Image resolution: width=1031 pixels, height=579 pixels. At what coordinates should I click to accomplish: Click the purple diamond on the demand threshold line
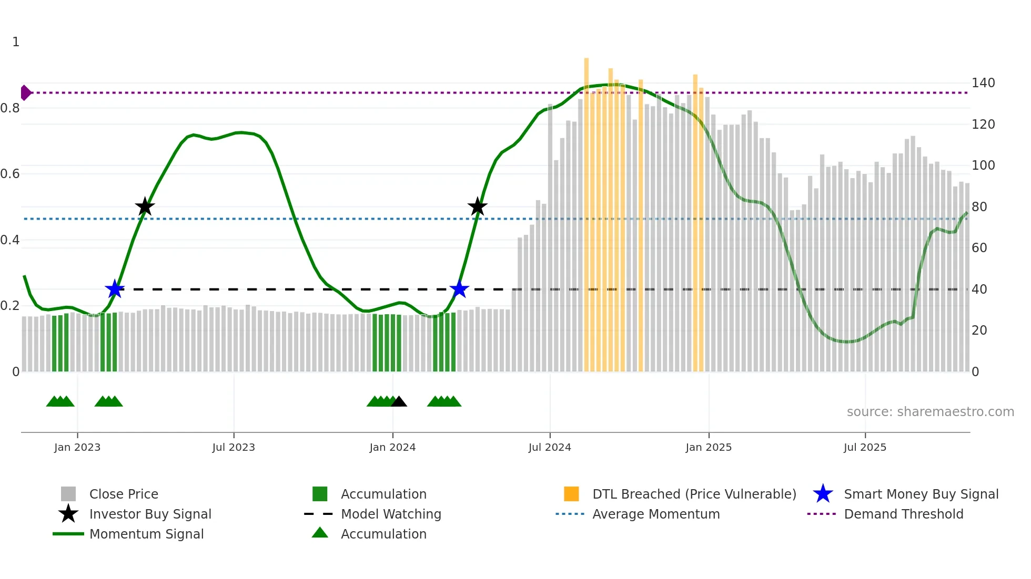click(x=25, y=93)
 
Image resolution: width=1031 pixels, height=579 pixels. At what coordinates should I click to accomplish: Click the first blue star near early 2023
click(x=114, y=289)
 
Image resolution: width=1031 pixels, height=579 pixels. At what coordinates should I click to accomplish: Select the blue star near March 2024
click(x=459, y=289)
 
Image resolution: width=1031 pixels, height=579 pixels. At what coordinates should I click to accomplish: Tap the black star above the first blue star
click(x=145, y=207)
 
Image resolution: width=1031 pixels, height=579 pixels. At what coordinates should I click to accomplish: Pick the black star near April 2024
click(x=477, y=207)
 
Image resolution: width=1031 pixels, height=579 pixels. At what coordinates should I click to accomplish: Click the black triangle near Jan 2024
click(x=399, y=402)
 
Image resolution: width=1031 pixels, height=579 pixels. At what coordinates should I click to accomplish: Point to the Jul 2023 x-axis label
click(x=234, y=447)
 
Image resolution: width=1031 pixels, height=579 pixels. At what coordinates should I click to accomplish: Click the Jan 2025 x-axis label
click(x=708, y=447)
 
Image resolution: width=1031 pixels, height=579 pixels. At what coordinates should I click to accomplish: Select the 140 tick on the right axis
click(x=983, y=83)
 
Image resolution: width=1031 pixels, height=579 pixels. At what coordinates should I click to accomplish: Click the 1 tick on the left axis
click(x=16, y=42)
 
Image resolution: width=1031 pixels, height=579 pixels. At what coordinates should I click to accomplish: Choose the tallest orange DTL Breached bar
click(x=587, y=210)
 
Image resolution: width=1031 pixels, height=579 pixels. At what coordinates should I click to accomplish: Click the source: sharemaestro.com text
click(x=930, y=412)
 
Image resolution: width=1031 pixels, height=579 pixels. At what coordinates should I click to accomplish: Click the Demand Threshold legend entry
click(x=903, y=514)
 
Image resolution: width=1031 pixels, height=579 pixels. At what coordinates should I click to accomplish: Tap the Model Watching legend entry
click(x=390, y=514)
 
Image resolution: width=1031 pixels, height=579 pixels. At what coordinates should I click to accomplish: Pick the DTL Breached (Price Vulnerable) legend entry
click(x=694, y=494)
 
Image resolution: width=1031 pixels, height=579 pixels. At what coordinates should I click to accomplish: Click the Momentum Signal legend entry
click(x=146, y=534)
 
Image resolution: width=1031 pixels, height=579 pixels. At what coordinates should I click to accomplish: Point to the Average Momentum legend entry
click(x=655, y=514)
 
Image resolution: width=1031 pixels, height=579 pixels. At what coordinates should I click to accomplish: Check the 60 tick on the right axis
click(x=979, y=248)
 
